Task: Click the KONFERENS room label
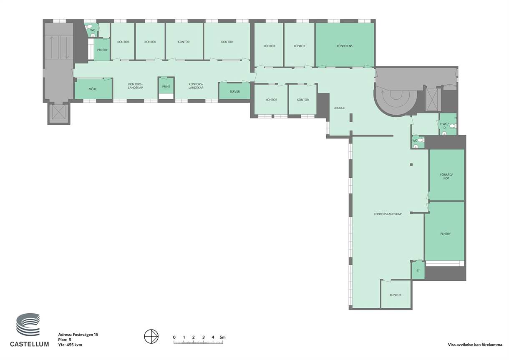pos(345,46)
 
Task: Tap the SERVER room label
pos(234,91)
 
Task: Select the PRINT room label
pos(166,86)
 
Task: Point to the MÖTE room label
pos(93,89)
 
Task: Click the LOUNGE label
pos(339,108)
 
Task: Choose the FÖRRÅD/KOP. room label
pos(446,176)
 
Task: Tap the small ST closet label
pos(418,271)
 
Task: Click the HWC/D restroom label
pos(444,126)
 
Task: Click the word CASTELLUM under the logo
pos(30,344)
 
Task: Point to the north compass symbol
pos(151,336)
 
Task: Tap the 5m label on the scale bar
pos(222,337)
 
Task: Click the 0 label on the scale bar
pos(174,337)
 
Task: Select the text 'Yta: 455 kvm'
pos(70,345)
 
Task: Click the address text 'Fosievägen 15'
pos(86,335)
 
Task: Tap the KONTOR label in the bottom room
pos(396,295)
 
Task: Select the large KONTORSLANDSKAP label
pos(388,214)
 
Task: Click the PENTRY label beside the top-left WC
pos(102,50)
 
